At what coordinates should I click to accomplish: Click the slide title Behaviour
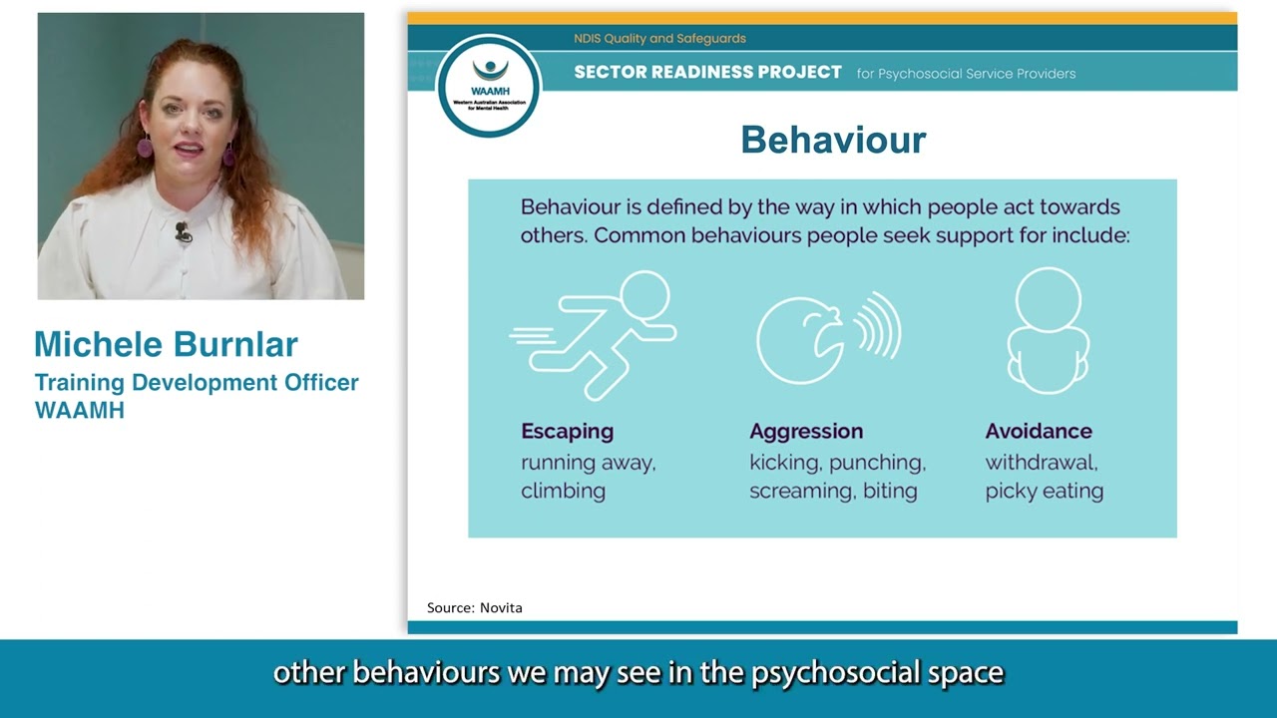[x=833, y=140]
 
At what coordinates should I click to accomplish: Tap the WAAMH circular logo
[x=489, y=87]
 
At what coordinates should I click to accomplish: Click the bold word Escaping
[x=567, y=431]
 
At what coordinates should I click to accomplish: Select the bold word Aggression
[x=806, y=431]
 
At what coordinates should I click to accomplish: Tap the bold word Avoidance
[x=1039, y=431]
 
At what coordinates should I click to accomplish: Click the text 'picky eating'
[x=1044, y=491]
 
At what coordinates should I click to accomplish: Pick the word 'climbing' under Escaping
[x=563, y=491]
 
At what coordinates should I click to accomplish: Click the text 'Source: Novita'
[x=474, y=607]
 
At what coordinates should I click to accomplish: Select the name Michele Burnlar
[x=166, y=344]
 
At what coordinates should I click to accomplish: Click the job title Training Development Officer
[x=197, y=383]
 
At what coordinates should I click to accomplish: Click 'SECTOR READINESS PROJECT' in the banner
[x=707, y=73]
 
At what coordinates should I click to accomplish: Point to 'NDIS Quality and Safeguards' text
[x=659, y=39]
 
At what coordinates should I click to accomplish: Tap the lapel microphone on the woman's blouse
[x=183, y=233]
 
